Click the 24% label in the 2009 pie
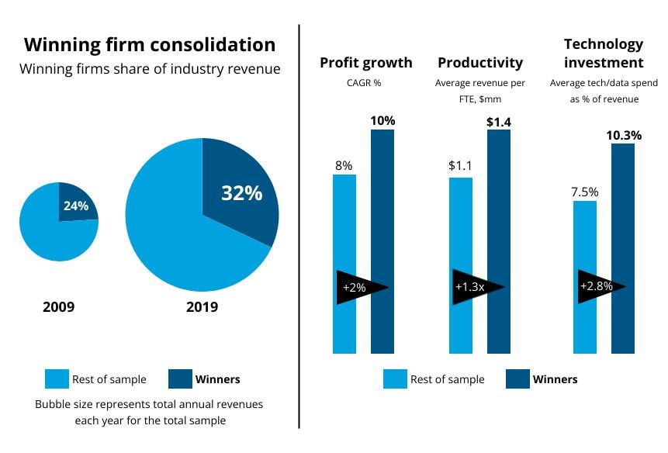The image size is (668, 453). [x=76, y=206]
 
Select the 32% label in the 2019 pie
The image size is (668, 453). [x=241, y=193]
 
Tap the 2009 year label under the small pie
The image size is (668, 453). [x=58, y=307]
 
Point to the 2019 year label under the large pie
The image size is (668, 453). [x=202, y=307]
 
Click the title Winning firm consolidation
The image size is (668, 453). [x=149, y=44]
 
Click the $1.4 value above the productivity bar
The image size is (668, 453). [x=499, y=121]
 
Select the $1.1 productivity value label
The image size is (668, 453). [x=460, y=165]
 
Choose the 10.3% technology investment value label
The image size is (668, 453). [x=623, y=135]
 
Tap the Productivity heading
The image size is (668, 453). [x=480, y=63]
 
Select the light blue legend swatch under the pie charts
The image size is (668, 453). [x=57, y=379]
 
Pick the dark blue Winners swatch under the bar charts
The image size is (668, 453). [x=517, y=379]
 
